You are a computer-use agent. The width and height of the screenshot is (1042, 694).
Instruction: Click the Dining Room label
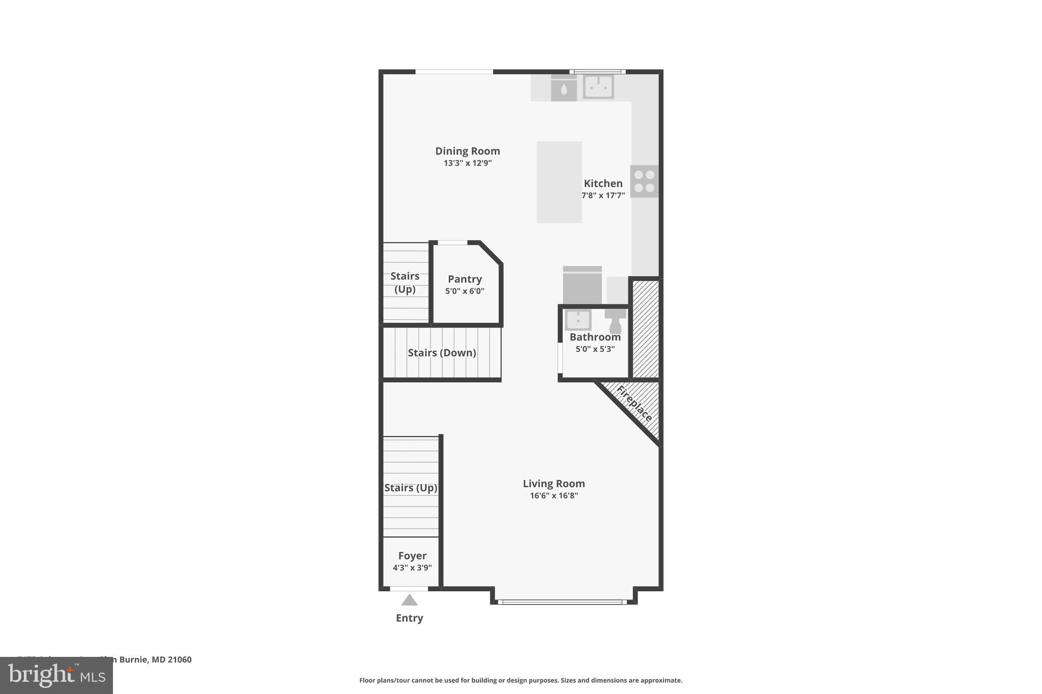point(467,151)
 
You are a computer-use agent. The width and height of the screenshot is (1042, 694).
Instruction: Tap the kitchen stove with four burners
point(644,181)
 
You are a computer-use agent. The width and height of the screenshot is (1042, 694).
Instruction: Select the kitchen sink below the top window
point(598,87)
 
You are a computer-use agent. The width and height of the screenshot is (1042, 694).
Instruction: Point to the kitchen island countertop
point(559,182)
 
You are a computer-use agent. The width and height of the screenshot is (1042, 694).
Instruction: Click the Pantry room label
point(465,279)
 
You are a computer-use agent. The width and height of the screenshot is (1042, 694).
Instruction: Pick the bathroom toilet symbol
point(615,321)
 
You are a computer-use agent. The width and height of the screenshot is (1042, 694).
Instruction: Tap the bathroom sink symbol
point(578,320)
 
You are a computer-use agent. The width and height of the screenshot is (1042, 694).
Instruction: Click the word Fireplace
point(634,404)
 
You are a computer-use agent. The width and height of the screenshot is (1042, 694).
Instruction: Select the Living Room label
point(554,484)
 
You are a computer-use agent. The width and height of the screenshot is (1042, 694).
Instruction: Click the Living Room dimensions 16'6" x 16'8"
point(554,496)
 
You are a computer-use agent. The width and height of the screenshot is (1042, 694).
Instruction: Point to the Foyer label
point(412,556)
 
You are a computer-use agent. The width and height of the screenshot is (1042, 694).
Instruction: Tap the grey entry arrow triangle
point(409,600)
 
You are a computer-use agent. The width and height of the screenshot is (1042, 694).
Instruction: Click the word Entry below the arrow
point(409,618)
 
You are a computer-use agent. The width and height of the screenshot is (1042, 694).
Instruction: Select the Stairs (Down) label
point(442,353)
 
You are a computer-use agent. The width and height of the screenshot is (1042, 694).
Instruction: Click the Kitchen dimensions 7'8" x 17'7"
point(603,196)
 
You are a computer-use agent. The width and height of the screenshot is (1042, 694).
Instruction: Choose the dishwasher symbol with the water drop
point(564,90)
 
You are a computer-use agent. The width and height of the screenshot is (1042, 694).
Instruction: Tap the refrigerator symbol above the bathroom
point(582,286)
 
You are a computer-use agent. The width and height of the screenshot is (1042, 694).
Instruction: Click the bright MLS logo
point(56,675)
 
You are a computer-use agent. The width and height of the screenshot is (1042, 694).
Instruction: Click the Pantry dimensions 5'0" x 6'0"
point(465,291)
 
